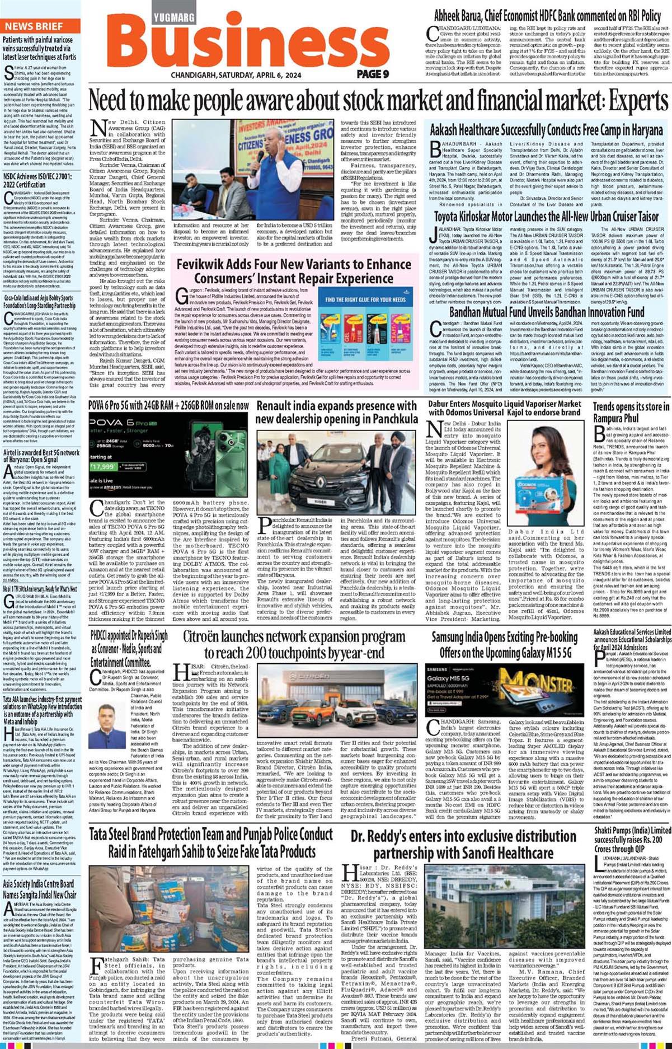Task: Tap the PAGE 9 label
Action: [x=373, y=74]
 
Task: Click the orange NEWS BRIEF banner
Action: [x=34, y=26]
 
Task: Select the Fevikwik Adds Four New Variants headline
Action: [x=294, y=271]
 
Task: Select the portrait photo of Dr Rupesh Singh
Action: [x=111, y=718]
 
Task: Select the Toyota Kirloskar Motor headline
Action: [x=547, y=216]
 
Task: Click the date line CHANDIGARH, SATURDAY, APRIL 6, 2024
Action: [x=236, y=75]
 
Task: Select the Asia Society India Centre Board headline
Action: [x=39, y=889]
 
